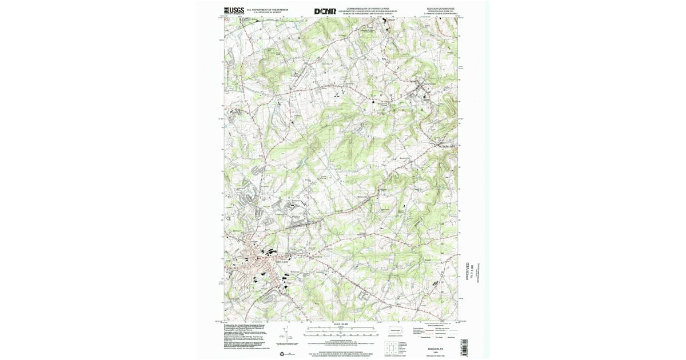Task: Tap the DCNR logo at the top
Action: point(324,11)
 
